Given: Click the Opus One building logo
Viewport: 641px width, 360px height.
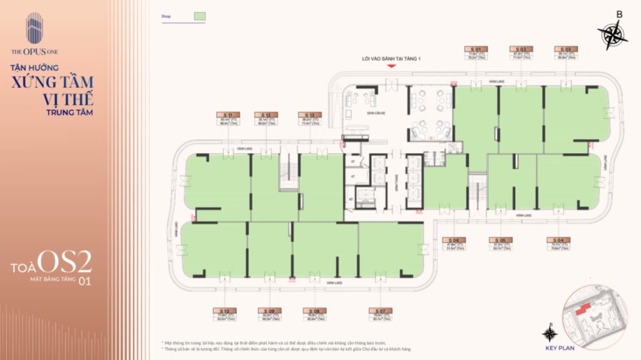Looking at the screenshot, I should coord(34,28).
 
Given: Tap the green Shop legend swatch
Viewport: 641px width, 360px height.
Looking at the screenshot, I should coord(200,16).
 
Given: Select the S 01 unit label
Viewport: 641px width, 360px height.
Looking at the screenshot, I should coord(476,48).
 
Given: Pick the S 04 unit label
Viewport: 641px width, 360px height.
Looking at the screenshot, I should coord(556,240).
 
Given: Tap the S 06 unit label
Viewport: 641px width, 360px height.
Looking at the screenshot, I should coord(453,240).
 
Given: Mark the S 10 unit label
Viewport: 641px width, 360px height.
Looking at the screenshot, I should coord(225,311).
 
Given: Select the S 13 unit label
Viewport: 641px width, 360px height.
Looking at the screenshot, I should coord(310,115).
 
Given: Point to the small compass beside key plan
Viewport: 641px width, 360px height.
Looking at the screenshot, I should coord(550,332).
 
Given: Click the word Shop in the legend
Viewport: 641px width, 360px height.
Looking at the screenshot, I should coord(166,17).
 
